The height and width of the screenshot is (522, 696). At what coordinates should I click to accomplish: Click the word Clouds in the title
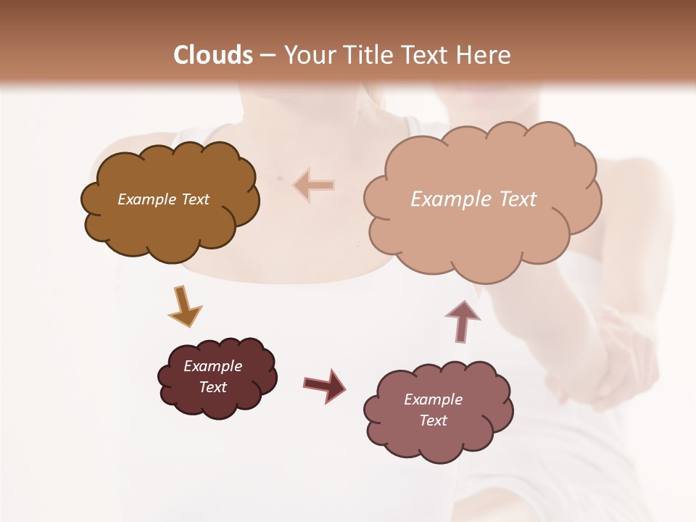pos(213,55)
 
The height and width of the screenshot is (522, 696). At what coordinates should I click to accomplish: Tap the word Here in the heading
pos(484,55)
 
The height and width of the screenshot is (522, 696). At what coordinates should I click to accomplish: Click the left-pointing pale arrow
pos(314,185)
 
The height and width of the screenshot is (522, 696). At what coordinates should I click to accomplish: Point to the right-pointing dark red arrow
pos(325,385)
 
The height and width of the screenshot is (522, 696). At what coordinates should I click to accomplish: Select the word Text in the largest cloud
pos(518,199)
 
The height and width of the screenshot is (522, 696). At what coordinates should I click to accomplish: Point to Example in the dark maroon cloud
pos(212,366)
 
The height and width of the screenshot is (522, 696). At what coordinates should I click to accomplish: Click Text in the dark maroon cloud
pos(212,387)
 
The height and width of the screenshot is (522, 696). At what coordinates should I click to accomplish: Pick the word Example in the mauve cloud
pos(433,399)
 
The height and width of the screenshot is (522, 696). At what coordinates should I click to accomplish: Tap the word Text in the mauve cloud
pos(433,420)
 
